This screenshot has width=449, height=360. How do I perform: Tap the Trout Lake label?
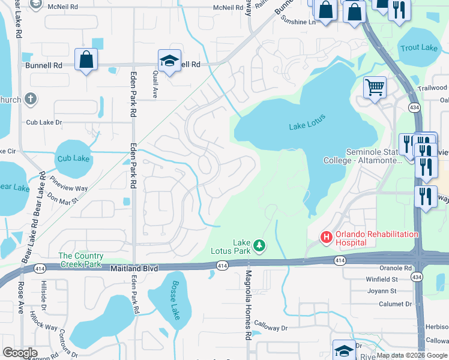pos(419,48)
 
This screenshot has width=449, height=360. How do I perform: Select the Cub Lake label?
pos(73,159)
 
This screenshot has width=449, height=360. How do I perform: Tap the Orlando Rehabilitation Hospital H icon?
pos(327,238)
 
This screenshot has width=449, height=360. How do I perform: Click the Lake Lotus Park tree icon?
pos(259,245)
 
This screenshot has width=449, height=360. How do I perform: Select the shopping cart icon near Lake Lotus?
pos(375,88)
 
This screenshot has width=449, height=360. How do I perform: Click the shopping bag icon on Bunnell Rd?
pos(86,59)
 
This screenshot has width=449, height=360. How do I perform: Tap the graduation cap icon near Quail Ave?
pos(170,60)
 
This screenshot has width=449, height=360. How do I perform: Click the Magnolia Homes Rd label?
pos(248,305)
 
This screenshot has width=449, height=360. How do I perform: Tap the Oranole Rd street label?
pos(396,268)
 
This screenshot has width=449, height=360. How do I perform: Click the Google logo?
pos(20,353)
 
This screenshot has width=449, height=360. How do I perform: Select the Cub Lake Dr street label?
pos(44,122)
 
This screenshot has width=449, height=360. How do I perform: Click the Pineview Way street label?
pos(69,184)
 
